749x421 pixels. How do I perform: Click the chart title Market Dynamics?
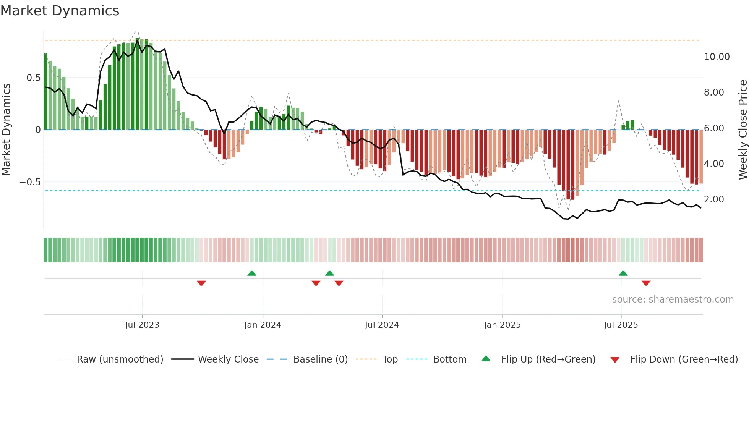click(60, 11)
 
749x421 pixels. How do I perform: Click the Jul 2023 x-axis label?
click(142, 325)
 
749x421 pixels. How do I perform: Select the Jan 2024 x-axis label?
click(263, 325)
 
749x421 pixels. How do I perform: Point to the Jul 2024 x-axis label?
click(382, 325)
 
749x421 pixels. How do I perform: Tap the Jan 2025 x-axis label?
click(502, 325)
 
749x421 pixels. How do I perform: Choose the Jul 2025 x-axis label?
click(621, 325)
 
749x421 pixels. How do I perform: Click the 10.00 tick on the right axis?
click(717, 57)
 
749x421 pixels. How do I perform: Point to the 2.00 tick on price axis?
click(713, 199)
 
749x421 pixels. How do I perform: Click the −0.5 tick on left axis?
click(30, 182)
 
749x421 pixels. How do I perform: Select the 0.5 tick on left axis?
click(33, 78)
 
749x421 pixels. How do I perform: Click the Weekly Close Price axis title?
click(743, 130)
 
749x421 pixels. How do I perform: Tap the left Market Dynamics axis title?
click(6, 130)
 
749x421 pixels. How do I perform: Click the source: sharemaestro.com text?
click(673, 300)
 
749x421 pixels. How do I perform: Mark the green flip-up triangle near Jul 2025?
click(623, 273)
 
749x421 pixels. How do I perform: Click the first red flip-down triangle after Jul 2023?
click(201, 283)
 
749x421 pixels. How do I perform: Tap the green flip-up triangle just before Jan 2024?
click(251, 273)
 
